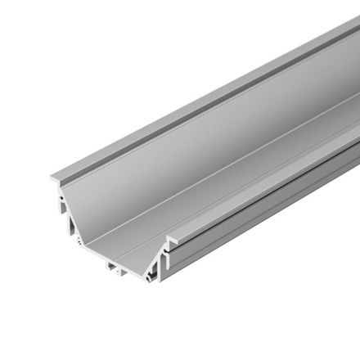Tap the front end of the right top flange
171,240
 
